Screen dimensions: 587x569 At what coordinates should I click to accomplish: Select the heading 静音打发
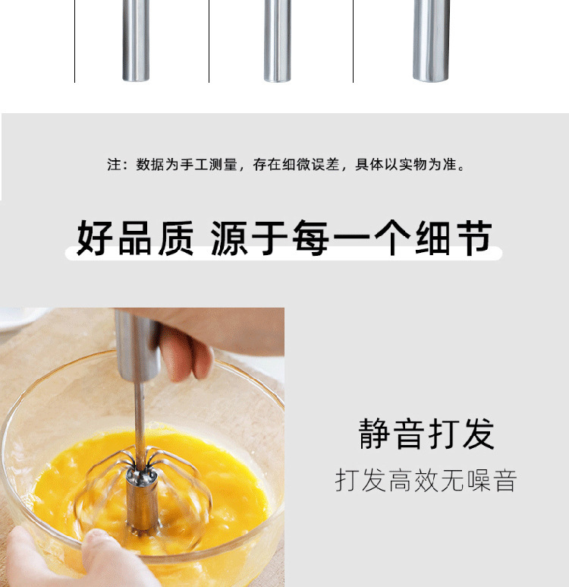(426, 434)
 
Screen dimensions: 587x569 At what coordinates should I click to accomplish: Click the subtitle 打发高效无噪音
(426, 481)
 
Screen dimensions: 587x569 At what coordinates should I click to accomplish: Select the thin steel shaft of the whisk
(140, 418)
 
